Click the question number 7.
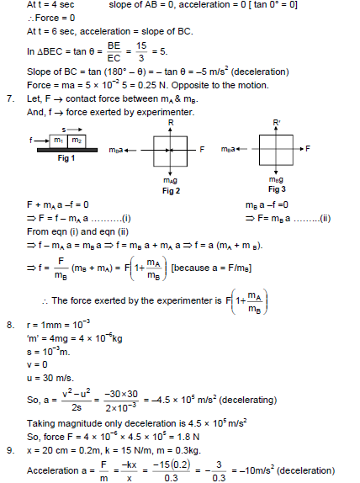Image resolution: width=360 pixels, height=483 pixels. [10, 99]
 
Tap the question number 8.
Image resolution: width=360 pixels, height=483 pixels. [10, 325]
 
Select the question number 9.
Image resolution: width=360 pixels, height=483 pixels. [10, 450]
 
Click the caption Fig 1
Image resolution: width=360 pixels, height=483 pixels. [66, 158]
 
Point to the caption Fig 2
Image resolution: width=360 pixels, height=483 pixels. [172, 191]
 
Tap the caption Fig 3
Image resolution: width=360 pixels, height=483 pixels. [278, 189]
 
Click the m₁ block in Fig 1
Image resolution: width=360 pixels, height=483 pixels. [59, 141]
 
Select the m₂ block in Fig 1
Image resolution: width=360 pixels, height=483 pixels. [77, 141]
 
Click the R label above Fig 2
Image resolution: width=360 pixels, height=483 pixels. [171, 123]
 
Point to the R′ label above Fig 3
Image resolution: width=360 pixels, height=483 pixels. [277, 123]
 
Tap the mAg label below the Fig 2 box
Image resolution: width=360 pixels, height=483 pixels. [170, 181]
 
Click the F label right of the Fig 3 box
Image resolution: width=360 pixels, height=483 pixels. [308, 149]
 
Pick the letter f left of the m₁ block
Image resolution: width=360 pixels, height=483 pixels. [30, 141]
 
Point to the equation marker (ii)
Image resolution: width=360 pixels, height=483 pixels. [326, 219]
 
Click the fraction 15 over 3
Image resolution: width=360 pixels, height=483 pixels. [141, 52]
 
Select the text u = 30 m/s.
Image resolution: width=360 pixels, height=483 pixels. [50, 378]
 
